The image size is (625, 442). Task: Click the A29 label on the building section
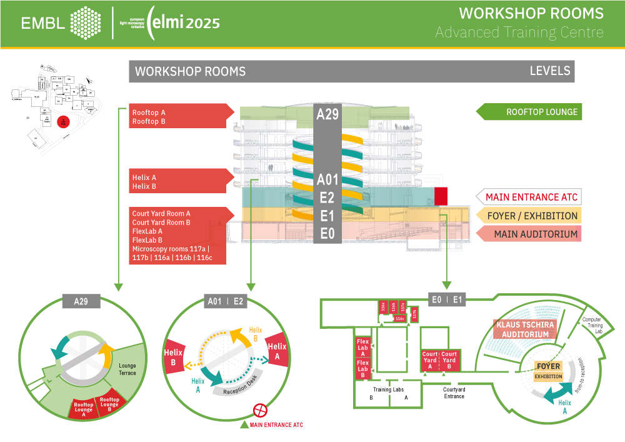click(327, 114)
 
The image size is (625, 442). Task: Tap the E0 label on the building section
click(327, 234)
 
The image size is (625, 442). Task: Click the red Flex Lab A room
click(362, 348)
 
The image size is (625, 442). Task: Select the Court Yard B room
click(449, 361)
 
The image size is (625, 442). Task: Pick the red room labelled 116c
click(401, 318)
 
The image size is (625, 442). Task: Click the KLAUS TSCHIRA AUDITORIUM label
click(522, 329)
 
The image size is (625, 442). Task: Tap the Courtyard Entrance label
click(454, 393)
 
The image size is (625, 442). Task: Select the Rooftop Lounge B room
click(110, 404)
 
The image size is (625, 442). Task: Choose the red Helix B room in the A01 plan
click(173, 357)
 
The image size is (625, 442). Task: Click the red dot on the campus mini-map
click(62, 122)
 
